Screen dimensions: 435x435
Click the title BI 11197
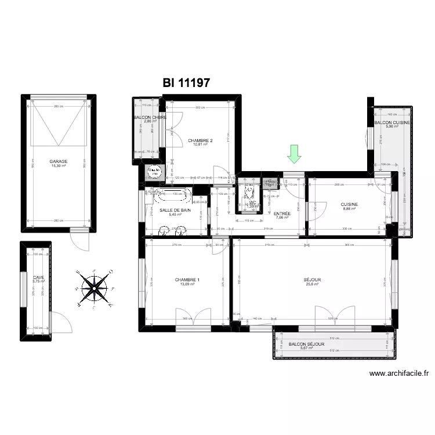(186, 83)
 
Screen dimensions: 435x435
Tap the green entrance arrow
(295, 154)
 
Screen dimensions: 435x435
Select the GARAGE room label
(58, 162)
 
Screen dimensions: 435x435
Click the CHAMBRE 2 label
(201, 140)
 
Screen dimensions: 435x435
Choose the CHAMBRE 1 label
(187, 280)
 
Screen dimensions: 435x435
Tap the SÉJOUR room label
(312, 280)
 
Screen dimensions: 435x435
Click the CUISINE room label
(349, 204)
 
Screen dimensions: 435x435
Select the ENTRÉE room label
(282, 213)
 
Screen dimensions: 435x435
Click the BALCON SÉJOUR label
(307, 344)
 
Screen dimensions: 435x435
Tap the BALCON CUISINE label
(392, 123)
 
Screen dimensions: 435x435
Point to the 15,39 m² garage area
(58, 166)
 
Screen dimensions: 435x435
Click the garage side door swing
(78, 240)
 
